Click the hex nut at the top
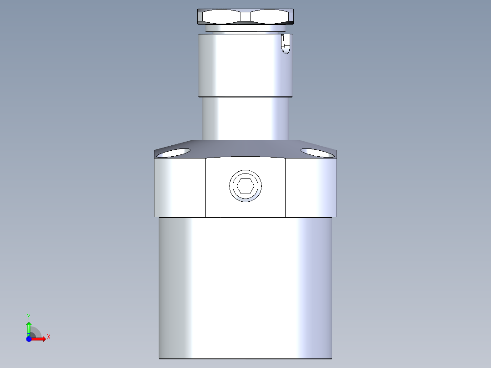coord(245,17)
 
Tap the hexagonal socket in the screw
coord(245,186)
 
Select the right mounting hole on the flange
coord(317,153)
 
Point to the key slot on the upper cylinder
coord(286,44)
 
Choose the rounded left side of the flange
coord(179,187)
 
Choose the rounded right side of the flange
coord(311,187)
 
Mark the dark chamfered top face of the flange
coord(245,148)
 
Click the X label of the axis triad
coord(49,337)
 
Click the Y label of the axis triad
coord(28,316)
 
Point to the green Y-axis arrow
coord(29,327)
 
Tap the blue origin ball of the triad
coord(29,339)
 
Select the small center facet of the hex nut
coord(245,17)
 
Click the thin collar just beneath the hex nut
coord(245,29)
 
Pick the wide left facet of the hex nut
coord(220,17)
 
